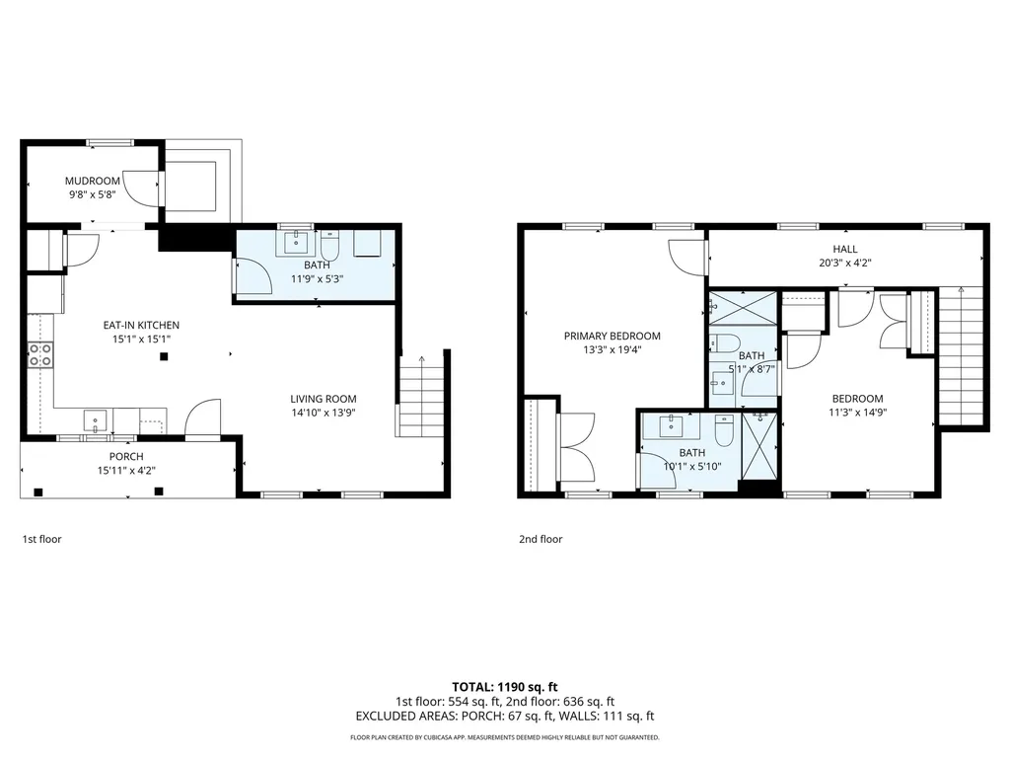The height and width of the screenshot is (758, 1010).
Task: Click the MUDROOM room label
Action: pyautogui.click(x=92, y=181)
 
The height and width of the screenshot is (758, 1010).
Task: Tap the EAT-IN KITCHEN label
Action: pyautogui.click(x=141, y=325)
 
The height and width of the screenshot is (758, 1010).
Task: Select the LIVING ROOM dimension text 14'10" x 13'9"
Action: pyautogui.click(x=323, y=413)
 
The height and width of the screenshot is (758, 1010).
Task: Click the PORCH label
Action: pyautogui.click(x=126, y=456)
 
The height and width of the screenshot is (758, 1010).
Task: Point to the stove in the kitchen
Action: pyautogui.click(x=40, y=355)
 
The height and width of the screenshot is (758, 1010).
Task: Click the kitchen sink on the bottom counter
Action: pyautogui.click(x=96, y=421)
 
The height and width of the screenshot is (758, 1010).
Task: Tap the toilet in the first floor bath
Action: pyautogui.click(x=330, y=244)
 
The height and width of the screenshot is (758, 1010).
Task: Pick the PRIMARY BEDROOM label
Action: pyautogui.click(x=612, y=336)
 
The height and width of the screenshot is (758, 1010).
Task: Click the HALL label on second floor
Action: pyautogui.click(x=844, y=250)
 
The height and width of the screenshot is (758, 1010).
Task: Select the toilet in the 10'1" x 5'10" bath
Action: pyautogui.click(x=722, y=429)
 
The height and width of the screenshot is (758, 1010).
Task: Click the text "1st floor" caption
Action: pyautogui.click(x=41, y=540)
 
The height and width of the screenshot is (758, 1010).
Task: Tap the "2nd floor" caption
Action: pyautogui.click(x=541, y=540)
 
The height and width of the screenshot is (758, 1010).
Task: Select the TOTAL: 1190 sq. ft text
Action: pyautogui.click(x=504, y=686)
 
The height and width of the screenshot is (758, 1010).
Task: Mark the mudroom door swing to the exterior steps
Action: pyautogui.click(x=148, y=189)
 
